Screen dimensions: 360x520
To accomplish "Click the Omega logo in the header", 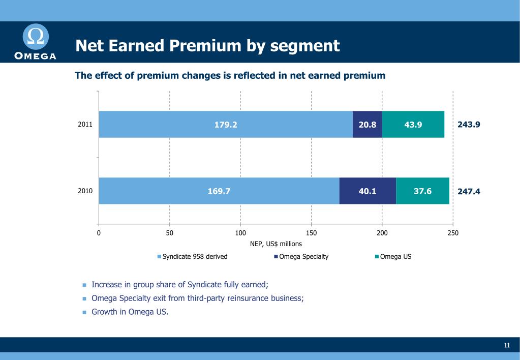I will tap(35, 42).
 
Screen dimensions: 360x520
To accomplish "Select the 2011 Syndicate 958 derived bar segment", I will tap(225, 125).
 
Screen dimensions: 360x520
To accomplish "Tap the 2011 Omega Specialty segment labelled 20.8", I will tap(367, 125).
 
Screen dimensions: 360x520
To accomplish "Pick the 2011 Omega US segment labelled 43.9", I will tap(413, 125).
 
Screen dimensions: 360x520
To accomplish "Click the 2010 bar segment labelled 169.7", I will tap(219, 191).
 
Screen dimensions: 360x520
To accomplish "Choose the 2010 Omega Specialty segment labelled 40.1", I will tap(367, 191).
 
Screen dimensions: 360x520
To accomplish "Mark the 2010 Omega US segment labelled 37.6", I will tap(422, 191).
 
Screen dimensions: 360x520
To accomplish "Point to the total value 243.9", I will tap(469, 125).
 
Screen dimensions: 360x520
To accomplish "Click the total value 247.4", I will tap(469, 192).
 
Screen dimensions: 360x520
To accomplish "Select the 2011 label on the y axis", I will tap(85, 124).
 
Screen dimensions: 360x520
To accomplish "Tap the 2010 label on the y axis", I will tap(85, 191).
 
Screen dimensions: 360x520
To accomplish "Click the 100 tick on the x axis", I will tap(240, 233).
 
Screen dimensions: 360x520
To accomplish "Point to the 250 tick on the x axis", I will tap(452, 233).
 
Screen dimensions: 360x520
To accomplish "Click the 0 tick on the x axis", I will tap(99, 233).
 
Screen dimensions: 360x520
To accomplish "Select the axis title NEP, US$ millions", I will tap(276, 244).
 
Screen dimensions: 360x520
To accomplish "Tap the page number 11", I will tap(507, 346).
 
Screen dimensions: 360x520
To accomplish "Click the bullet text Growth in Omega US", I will tap(130, 312).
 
